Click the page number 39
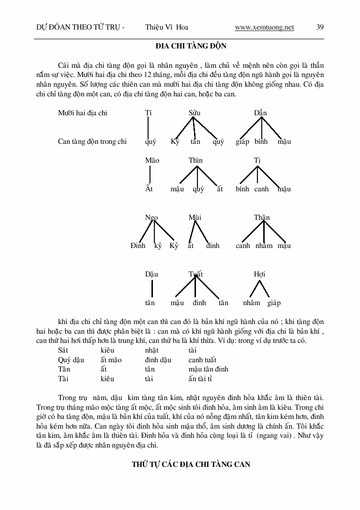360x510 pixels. point(320,28)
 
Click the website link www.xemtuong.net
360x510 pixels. point(264,28)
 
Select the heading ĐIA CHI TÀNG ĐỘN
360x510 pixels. point(191,46)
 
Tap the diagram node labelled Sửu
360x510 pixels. point(194,113)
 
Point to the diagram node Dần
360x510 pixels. point(260,113)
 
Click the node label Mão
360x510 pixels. point(152,160)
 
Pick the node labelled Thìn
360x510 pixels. point(195,160)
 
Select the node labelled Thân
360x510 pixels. point(262,217)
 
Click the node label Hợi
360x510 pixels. point(259,274)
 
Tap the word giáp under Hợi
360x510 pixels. point(274,303)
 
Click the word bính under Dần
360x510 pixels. point(261,141)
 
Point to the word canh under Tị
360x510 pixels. point(261,189)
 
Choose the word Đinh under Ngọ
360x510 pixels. point(138,246)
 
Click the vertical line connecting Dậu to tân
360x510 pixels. point(152,288)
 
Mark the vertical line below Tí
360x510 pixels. point(148,127)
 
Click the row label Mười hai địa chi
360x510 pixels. point(83,113)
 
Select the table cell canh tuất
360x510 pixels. point(202,360)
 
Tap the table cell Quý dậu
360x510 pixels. point(71,360)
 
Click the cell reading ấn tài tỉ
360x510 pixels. point(201,378)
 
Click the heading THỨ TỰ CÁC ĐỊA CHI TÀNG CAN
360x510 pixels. point(191,464)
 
